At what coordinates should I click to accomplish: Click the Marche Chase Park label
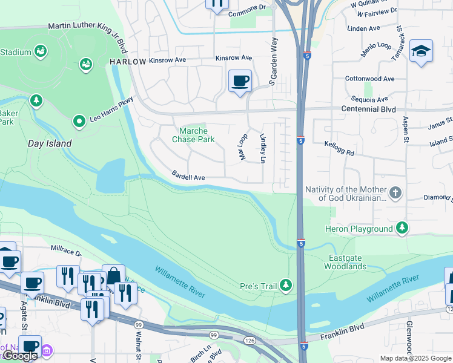coord(194,135)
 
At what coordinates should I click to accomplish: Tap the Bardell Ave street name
coord(188,177)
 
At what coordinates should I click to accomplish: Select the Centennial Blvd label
coord(368,110)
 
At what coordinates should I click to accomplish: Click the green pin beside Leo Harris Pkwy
coord(78,122)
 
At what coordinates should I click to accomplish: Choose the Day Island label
coord(50,144)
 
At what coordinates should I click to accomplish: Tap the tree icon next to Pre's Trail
coord(285,285)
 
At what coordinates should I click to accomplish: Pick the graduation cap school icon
coord(421,51)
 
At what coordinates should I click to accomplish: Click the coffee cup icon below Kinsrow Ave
coord(240,80)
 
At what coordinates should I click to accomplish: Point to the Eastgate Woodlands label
coord(345,262)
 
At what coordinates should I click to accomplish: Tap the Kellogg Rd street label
coord(339,148)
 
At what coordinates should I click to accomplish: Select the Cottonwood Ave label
coord(369,79)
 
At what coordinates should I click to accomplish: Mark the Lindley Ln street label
coord(262,149)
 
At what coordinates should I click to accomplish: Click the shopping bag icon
coord(113,275)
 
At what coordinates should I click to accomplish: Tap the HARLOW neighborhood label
coord(128,62)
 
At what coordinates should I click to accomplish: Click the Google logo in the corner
coord(20,356)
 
